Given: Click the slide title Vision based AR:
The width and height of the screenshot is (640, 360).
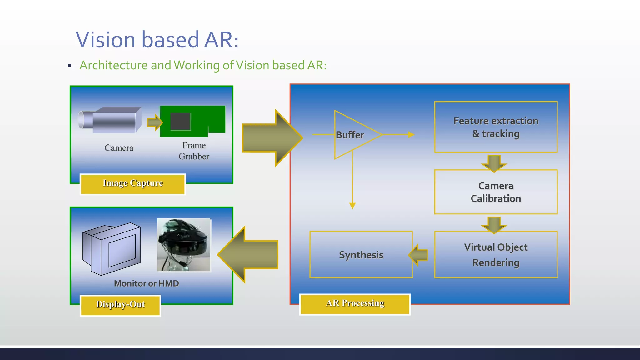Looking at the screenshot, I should click(157, 40).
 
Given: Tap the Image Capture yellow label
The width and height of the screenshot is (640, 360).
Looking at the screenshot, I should click(133, 184).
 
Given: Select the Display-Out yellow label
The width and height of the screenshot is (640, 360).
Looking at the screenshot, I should click(120, 305).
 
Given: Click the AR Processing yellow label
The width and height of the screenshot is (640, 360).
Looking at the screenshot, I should click(355, 304).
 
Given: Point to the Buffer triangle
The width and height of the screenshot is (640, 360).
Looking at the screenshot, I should click(353, 135).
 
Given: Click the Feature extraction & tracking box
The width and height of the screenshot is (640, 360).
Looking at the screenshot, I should click(496, 127).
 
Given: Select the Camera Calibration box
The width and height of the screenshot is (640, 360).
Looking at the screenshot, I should click(496, 192).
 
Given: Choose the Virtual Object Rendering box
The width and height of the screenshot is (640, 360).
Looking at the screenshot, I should click(496, 255).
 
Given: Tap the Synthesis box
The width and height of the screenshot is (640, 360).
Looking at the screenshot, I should click(361, 255).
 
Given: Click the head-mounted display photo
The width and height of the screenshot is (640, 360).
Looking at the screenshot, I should click(184, 245).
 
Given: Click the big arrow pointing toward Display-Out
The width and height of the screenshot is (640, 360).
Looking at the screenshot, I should click(248, 255).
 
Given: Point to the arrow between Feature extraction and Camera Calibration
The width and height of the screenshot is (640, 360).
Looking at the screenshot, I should click(494, 163).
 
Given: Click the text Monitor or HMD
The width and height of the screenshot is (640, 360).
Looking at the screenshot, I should click(146, 283).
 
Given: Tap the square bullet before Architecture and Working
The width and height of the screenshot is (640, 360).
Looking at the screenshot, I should click(70, 66).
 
